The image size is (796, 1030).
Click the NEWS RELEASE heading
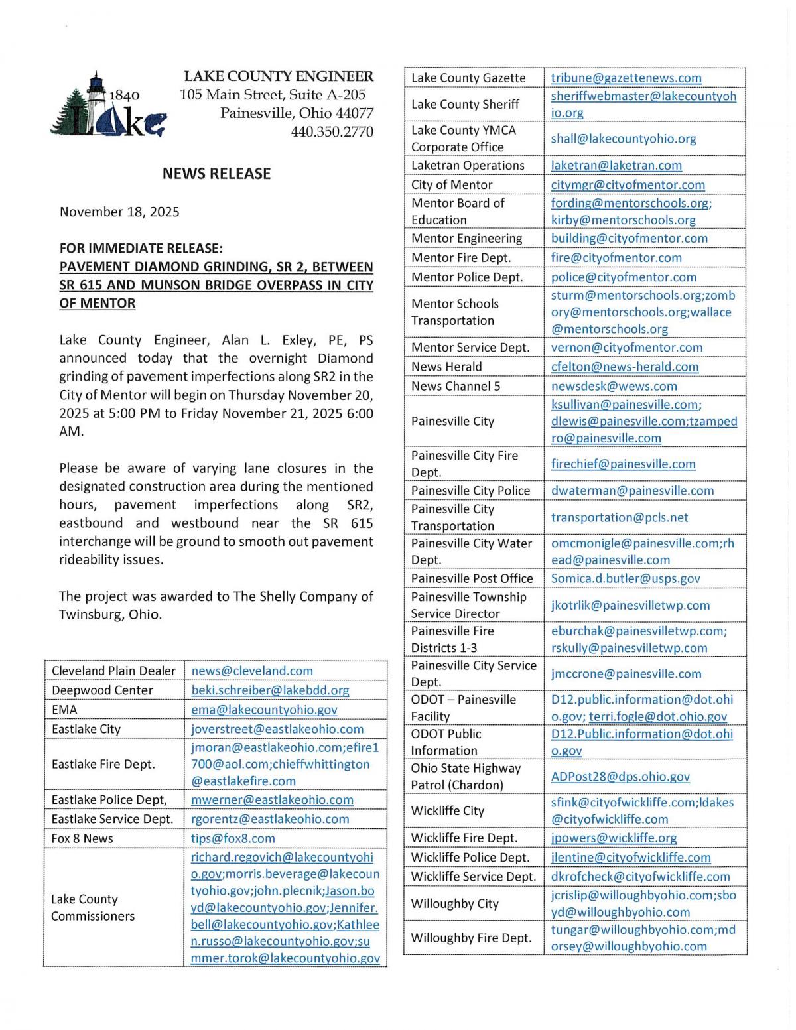pyautogui.click(x=216, y=174)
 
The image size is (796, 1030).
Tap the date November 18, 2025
pyautogui.click(x=119, y=212)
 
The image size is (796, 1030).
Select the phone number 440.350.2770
pyautogui.click(x=332, y=131)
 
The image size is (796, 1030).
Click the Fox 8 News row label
pyautogui.click(x=82, y=838)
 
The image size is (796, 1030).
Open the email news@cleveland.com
pyautogui.click(x=252, y=671)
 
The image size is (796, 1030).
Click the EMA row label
pyautogui.click(x=64, y=710)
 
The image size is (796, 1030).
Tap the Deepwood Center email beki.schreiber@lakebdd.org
pyautogui.click(x=270, y=690)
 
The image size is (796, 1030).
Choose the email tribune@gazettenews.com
pyautogui.click(x=626, y=78)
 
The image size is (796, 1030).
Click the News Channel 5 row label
pyautogui.click(x=456, y=386)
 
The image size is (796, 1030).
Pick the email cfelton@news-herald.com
pyautogui.click(x=624, y=367)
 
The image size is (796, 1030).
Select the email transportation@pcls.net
pyautogui.click(x=619, y=517)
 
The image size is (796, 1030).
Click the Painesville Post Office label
pyautogui.click(x=472, y=578)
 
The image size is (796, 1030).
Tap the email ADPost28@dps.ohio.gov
pyautogui.click(x=620, y=777)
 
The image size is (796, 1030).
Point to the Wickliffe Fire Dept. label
pyautogui.click(x=464, y=838)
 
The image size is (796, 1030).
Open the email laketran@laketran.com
pyautogui.click(x=616, y=166)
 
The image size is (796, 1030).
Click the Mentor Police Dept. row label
pyautogui.click(x=466, y=277)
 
